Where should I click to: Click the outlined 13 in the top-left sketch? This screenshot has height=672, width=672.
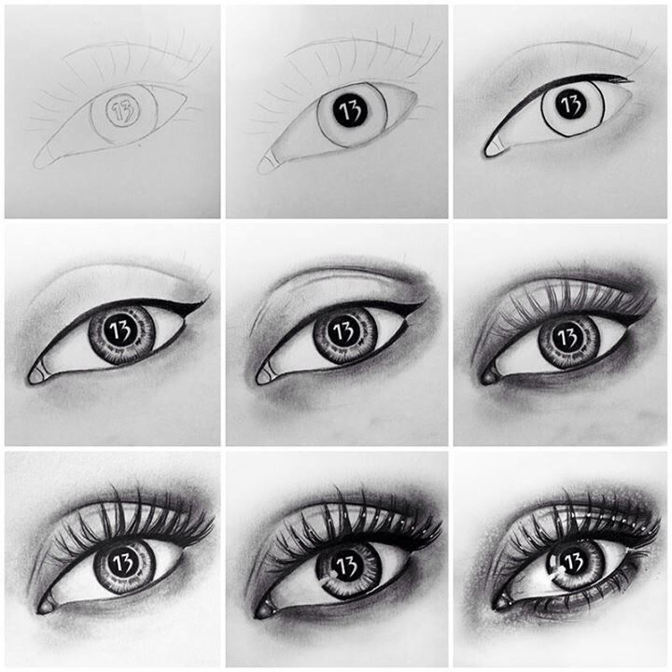(122, 109)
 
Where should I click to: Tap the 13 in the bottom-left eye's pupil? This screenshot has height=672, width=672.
(121, 561)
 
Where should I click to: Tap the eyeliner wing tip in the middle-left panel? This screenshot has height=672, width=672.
(207, 301)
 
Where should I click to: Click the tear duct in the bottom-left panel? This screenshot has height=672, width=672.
(44, 606)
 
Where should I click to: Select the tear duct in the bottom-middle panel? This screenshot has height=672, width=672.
(268, 608)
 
